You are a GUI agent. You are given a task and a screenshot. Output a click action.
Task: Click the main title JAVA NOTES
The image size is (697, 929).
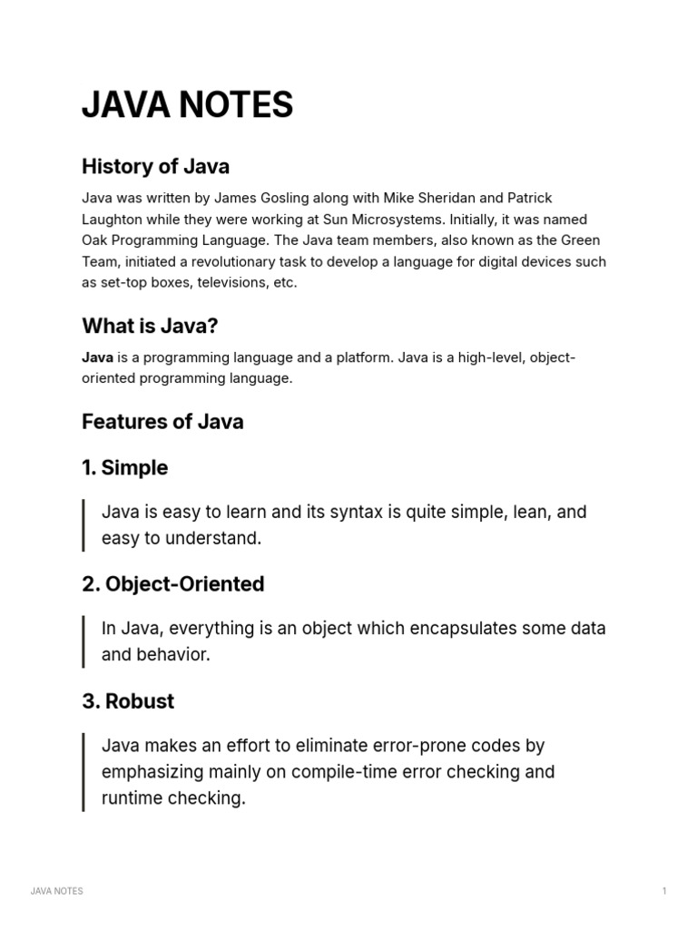tap(187, 106)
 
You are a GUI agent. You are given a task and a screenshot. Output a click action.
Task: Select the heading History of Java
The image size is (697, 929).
tap(155, 166)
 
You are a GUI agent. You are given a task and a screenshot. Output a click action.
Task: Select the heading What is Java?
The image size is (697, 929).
tap(150, 326)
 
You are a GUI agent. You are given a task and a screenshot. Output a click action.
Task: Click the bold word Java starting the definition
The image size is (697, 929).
tap(97, 357)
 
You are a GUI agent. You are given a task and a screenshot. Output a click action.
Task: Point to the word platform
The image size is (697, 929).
tap(363, 357)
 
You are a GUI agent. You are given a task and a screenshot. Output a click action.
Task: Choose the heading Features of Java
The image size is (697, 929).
tap(162, 422)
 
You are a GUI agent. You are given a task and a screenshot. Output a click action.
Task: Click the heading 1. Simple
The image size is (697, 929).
tap(124, 468)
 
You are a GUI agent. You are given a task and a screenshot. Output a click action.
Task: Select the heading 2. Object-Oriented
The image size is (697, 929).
tap(172, 584)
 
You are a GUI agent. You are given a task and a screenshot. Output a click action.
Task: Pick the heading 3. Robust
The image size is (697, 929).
tap(128, 701)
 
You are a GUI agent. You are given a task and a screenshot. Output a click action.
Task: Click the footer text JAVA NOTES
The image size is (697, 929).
tap(56, 891)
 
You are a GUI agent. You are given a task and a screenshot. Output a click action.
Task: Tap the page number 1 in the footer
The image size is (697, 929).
tap(664, 891)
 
